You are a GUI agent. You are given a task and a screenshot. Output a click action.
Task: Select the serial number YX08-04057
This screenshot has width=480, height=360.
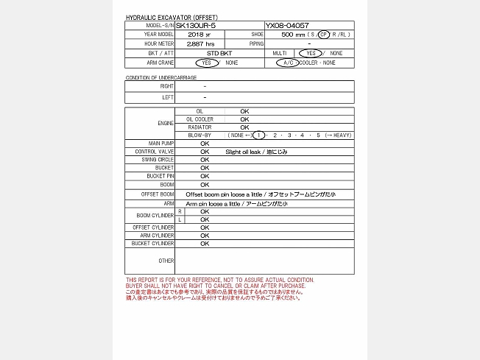[287, 25]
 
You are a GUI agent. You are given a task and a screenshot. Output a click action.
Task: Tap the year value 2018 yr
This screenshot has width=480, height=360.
[199, 35]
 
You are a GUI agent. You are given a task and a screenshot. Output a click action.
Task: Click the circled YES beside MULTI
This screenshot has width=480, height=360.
[311, 53]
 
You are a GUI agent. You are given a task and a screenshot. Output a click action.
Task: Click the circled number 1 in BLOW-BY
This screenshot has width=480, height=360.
[259, 135]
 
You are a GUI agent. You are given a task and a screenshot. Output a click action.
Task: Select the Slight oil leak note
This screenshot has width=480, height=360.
[256, 152]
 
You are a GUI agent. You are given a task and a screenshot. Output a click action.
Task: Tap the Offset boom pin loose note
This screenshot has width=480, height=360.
[260, 194]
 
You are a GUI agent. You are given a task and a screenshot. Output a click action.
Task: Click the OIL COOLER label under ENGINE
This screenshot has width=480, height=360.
[199, 119]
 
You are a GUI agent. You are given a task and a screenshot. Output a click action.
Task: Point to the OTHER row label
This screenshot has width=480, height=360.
[166, 261]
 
